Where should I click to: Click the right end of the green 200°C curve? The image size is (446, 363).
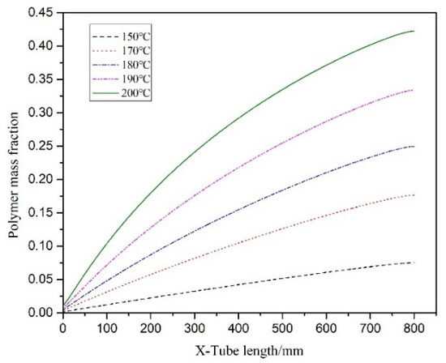pyautogui.click(x=414, y=31)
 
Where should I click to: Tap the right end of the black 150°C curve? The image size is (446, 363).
pyautogui.click(x=414, y=263)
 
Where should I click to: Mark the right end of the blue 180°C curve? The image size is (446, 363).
pyautogui.click(x=414, y=147)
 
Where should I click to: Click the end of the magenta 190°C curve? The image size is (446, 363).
pyautogui.click(x=414, y=90)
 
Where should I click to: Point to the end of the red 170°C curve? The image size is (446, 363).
pyautogui.click(x=414, y=194)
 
